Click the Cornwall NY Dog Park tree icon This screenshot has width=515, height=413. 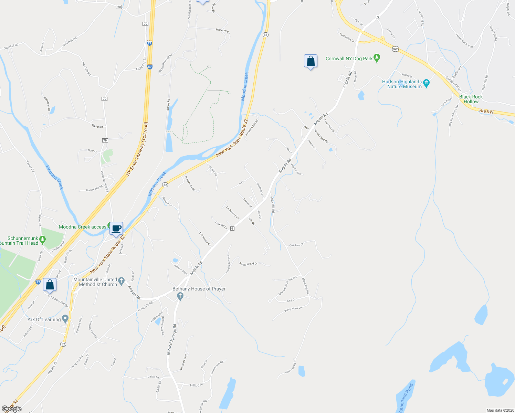[x=377, y=58]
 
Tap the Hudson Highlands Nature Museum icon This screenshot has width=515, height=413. [x=427, y=83]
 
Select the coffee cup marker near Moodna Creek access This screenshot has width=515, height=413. [x=116, y=228]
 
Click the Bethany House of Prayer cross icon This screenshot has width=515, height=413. [x=180, y=296]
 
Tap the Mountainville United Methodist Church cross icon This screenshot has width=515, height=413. [x=121, y=282]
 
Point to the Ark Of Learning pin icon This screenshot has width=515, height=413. [x=65, y=319]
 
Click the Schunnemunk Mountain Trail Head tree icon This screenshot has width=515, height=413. [x=42, y=239]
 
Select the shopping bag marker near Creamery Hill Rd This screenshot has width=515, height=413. [x=50, y=285]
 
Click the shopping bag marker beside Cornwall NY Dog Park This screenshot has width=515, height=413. [x=311, y=61]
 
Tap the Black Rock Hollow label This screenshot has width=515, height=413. [x=471, y=99]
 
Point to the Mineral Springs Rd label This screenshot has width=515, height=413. [x=171, y=339]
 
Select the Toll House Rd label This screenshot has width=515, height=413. [x=204, y=239]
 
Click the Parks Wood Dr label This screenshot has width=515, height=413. [x=249, y=264]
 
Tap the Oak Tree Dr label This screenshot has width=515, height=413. [x=296, y=245]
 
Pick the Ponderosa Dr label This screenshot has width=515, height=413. [x=190, y=183]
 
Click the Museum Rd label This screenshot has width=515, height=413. [x=222, y=31]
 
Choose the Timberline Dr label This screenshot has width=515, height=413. [x=347, y=38]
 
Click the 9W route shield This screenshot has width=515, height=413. [x=395, y=49]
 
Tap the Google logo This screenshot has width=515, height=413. [x=12, y=409]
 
